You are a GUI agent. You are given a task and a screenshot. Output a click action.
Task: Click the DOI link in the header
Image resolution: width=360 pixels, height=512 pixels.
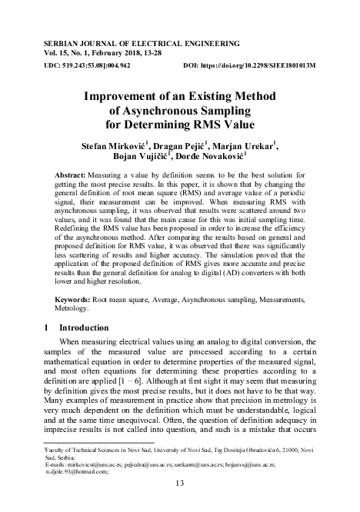coord(272,66)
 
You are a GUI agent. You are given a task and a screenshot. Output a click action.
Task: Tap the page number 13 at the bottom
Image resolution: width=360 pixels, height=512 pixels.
coord(181,483)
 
